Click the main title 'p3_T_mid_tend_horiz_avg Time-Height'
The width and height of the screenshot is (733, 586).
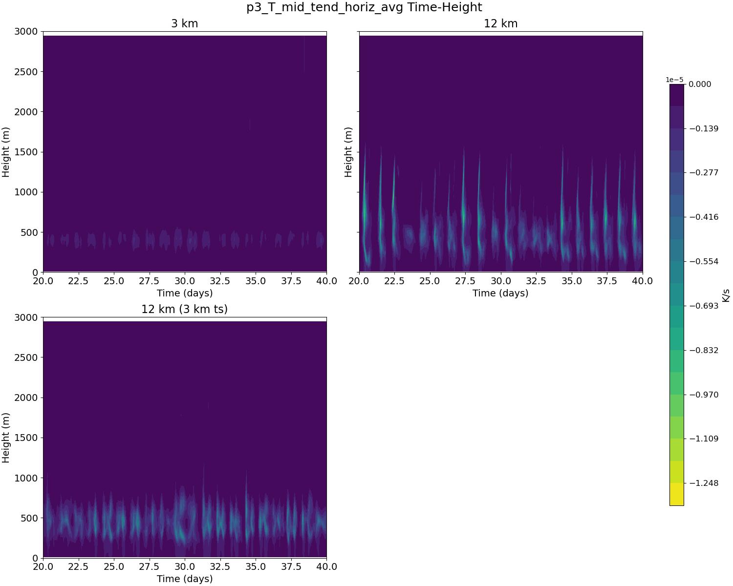tap(364, 7)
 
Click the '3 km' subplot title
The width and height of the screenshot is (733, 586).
tap(184, 23)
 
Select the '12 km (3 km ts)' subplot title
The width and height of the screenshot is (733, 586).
tap(184, 309)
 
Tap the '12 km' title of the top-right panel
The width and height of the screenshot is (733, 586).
tap(500, 23)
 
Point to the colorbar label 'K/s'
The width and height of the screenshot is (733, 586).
tap(726, 295)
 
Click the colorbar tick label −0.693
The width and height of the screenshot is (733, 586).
tap(704, 306)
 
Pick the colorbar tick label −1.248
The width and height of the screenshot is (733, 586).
tap(704, 483)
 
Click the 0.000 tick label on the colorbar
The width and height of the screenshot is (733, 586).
tap(700, 84)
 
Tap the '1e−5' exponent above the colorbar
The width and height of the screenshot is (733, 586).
tap(674, 80)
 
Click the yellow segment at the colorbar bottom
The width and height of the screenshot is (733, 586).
tap(676, 494)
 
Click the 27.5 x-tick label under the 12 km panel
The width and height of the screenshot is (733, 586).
tap(465, 281)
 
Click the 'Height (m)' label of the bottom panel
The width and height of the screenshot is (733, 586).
tap(6, 438)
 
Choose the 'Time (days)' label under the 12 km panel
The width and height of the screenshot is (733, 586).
tap(500, 293)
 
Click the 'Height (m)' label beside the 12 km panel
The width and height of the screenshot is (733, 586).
tap(348, 152)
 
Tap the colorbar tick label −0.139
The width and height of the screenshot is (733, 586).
tap(704, 128)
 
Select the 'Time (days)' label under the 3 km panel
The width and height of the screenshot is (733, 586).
tap(184, 293)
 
